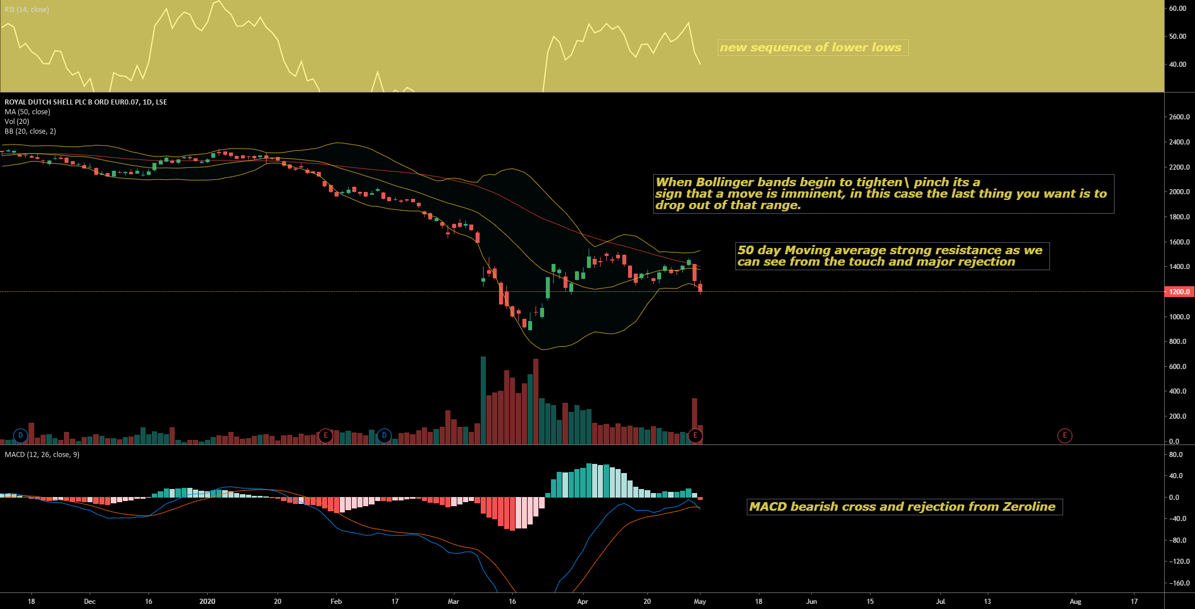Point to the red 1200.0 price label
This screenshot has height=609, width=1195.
[1179, 292]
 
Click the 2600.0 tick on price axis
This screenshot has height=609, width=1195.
[1179, 117]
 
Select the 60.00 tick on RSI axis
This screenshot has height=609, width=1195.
[1177, 9]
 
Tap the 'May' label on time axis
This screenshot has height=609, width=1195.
[700, 602]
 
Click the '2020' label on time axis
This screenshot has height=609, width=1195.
[207, 602]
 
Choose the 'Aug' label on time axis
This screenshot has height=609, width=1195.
[1075, 602]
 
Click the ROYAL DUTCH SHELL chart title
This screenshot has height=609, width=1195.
[86, 102]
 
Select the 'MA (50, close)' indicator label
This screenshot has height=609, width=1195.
[27, 112]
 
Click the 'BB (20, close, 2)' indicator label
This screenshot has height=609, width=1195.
[30, 131]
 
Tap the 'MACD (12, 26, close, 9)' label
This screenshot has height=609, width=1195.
[42, 455]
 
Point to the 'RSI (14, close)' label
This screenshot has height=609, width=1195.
[27, 10]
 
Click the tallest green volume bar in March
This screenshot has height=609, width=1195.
[483, 400]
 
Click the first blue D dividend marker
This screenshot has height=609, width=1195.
[21, 436]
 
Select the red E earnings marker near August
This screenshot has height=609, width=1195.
[1064, 436]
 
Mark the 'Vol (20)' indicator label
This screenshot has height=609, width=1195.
[17, 122]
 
